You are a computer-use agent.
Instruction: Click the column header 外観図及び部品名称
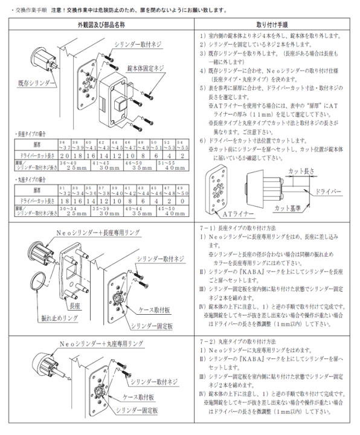click(x=98, y=27)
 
